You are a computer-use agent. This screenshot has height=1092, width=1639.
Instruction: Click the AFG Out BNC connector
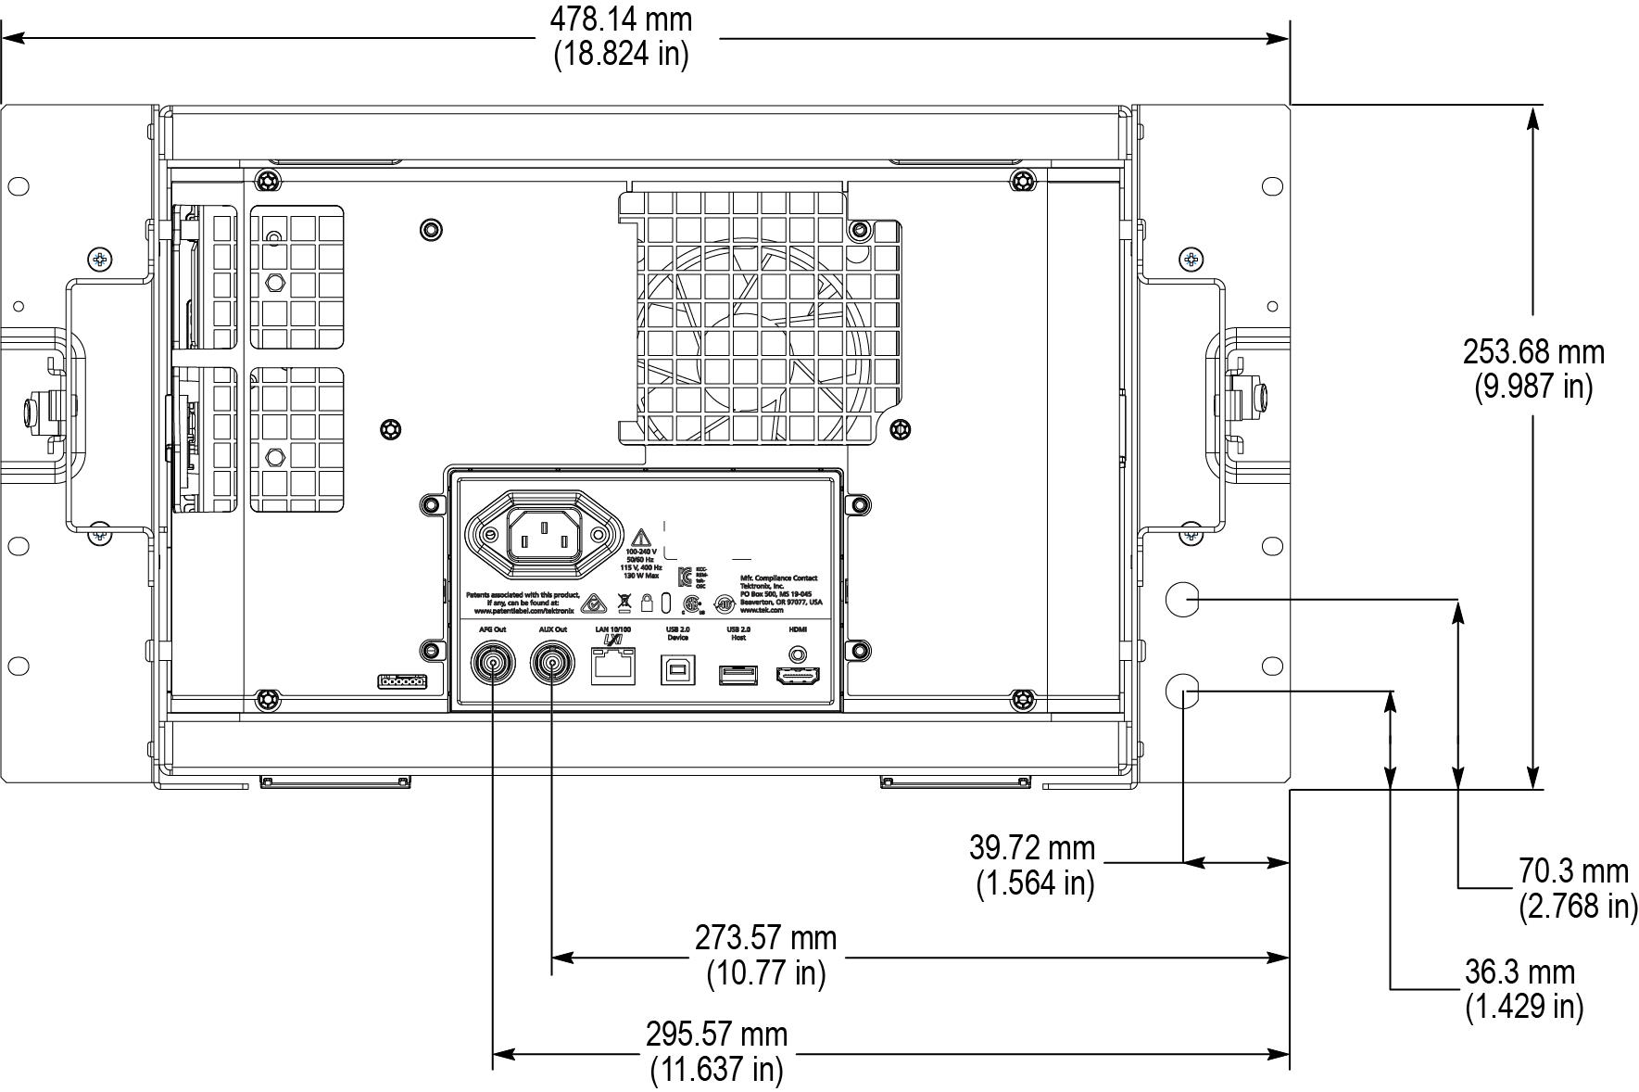point(492,664)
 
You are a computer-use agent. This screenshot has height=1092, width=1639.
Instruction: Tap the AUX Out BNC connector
point(552,664)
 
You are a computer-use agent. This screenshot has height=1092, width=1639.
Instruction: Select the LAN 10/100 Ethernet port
point(612,666)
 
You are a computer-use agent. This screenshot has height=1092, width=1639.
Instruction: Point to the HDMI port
point(798,675)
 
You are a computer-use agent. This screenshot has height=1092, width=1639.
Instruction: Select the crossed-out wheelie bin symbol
point(624,601)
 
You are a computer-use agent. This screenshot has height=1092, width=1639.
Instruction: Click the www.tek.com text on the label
point(762,610)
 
